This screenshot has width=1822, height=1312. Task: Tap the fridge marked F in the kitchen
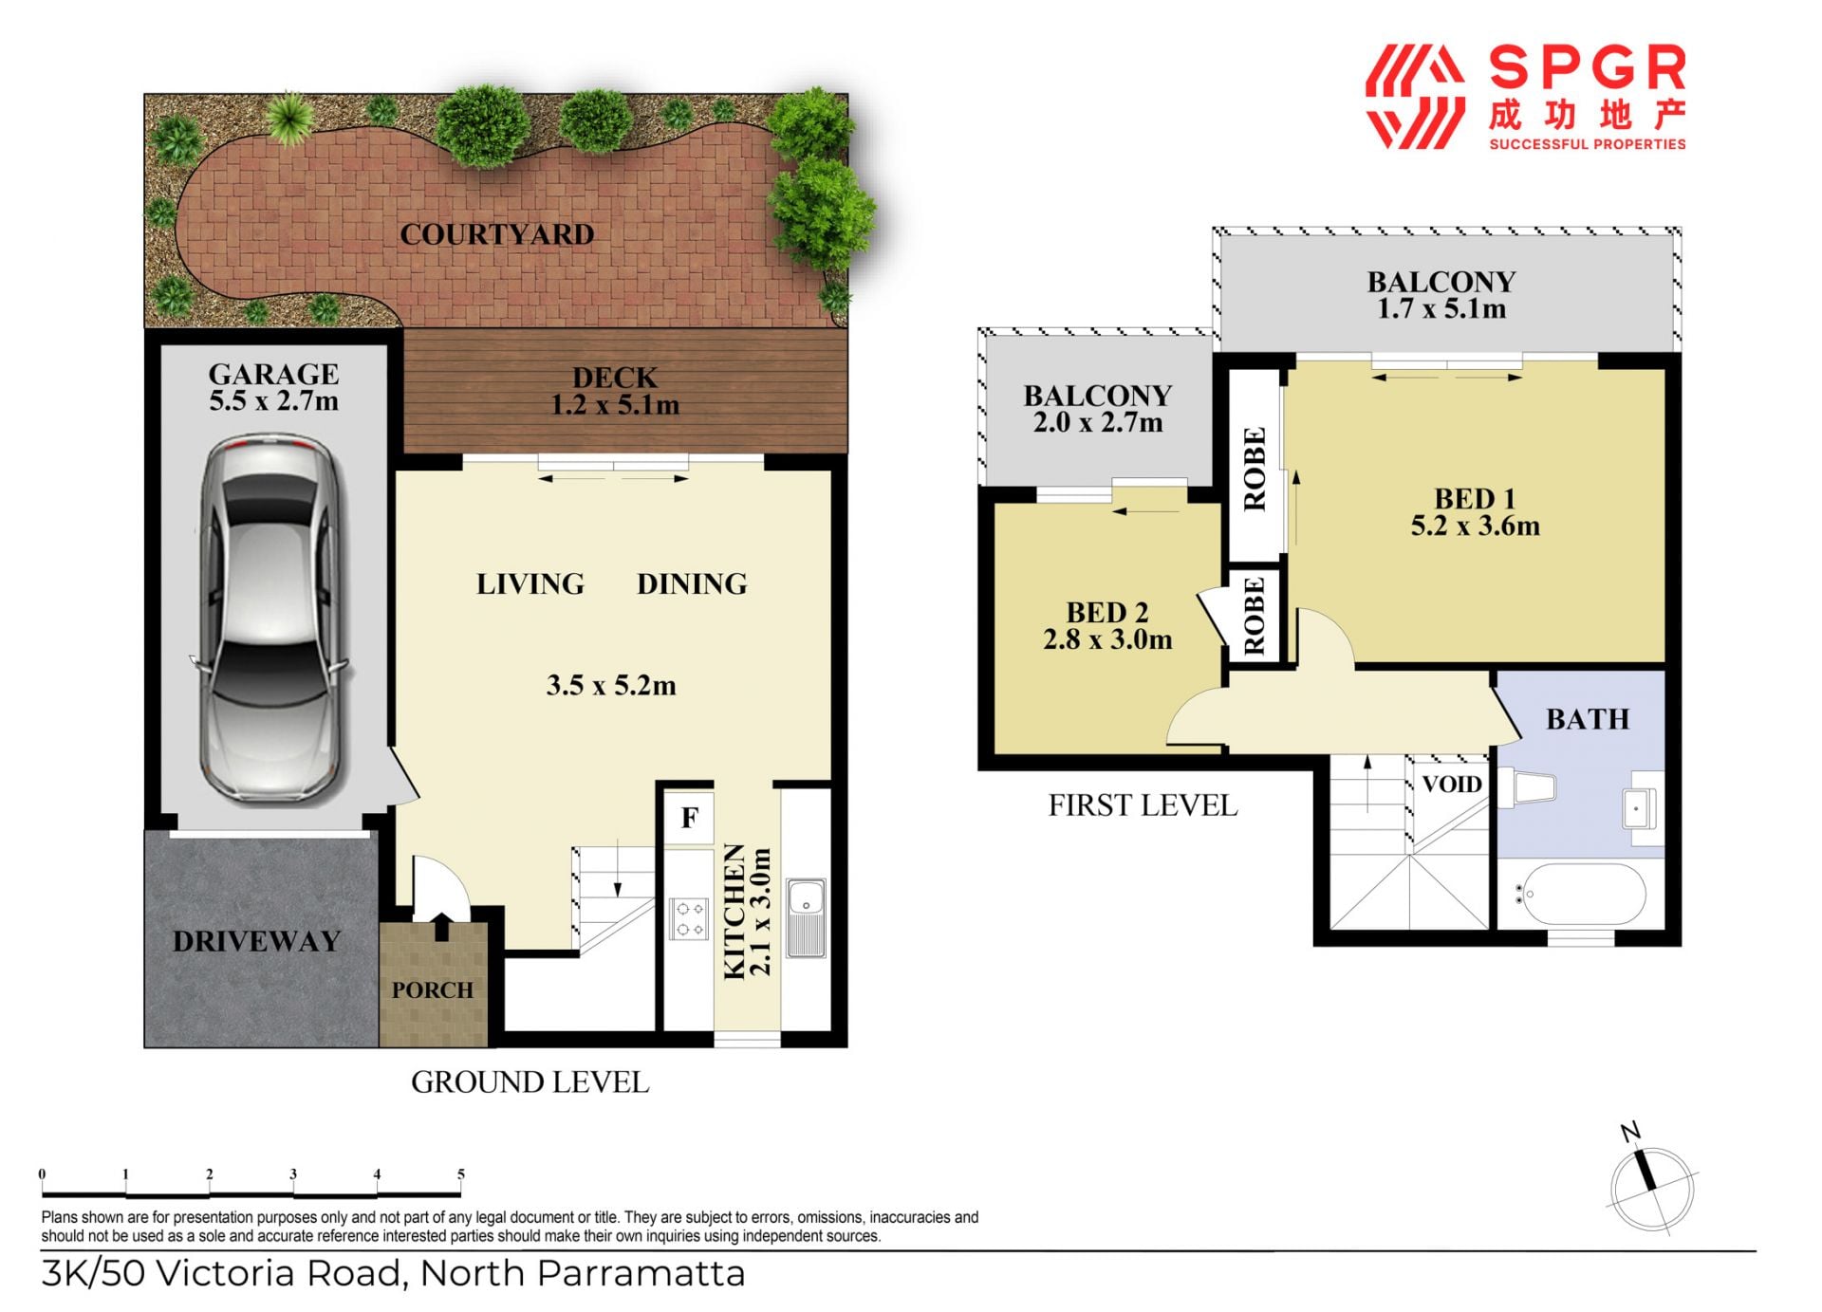click(x=689, y=817)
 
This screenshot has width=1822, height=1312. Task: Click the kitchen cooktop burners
click(x=689, y=918)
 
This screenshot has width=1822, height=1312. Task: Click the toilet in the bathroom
click(x=1527, y=787)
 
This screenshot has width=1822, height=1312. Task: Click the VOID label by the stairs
click(x=1451, y=785)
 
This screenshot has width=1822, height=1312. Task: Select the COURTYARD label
click(x=496, y=234)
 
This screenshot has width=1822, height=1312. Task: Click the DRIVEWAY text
click(x=256, y=941)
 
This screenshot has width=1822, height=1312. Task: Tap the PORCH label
click(x=433, y=990)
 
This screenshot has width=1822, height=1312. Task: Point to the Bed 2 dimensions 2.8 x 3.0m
click(x=1107, y=640)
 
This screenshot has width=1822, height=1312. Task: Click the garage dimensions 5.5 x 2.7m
click(x=273, y=401)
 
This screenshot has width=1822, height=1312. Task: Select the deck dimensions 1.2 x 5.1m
click(x=615, y=406)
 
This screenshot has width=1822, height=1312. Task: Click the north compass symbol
click(x=1651, y=1183)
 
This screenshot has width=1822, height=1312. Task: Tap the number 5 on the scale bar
click(x=461, y=1173)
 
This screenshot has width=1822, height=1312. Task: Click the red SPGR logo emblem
click(x=1414, y=97)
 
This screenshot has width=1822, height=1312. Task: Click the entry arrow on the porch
click(x=441, y=926)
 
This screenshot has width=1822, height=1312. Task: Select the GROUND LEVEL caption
click(x=530, y=1082)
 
